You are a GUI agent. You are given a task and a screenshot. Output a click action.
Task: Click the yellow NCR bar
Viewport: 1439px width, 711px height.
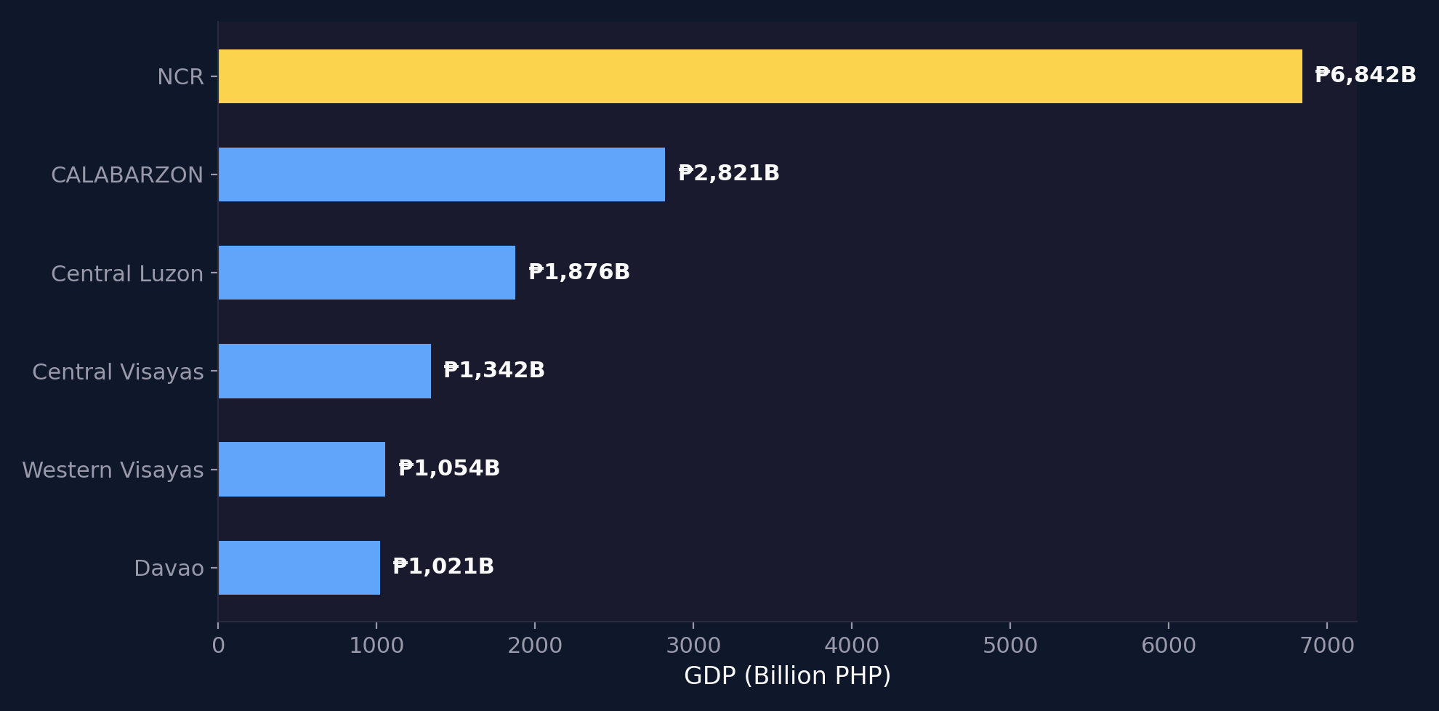(x=759, y=76)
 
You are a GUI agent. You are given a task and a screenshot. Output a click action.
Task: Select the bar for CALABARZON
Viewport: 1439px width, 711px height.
(x=441, y=174)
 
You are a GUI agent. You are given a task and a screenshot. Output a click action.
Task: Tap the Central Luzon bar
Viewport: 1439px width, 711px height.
(x=366, y=273)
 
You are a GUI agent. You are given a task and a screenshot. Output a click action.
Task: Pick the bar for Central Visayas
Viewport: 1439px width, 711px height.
(x=324, y=371)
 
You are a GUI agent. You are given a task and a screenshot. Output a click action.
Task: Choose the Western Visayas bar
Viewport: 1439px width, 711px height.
(x=302, y=469)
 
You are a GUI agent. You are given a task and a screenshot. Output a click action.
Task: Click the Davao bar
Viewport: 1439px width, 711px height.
(x=299, y=567)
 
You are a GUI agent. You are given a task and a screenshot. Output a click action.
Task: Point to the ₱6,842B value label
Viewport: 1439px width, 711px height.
(x=1365, y=75)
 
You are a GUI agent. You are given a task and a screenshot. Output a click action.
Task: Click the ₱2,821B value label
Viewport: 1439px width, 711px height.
(x=728, y=173)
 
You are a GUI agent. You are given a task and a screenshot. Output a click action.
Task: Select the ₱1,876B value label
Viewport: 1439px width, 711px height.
(x=579, y=272)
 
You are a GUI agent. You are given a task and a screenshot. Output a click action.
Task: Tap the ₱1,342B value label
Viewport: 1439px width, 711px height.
(x=493, y=370)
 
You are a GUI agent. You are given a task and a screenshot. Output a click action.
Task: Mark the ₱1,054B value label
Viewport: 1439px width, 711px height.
(x=448, y=468)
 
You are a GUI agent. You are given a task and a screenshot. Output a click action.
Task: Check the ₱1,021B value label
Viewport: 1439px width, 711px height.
(x=443, y=566)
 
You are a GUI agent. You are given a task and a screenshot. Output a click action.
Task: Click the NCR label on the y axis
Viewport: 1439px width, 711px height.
(x=180, y=77)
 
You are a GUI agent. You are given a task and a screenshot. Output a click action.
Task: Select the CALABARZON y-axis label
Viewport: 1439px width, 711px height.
(x=127, y=175)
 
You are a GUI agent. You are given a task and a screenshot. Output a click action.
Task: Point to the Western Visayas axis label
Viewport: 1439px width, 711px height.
(x=113, y=470)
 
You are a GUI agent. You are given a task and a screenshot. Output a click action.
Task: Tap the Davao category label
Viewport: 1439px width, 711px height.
(x=169, y=569)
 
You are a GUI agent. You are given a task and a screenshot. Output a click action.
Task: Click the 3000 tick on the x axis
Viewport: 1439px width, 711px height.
(x=693, y=646)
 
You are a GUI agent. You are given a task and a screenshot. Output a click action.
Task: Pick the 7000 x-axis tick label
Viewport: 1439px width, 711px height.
(x=1327, y=646)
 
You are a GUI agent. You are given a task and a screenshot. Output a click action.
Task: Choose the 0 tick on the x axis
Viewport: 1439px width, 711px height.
(x=218, y=646)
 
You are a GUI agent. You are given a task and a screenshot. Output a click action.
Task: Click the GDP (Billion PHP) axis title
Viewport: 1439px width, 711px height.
(x=787, y=676)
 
